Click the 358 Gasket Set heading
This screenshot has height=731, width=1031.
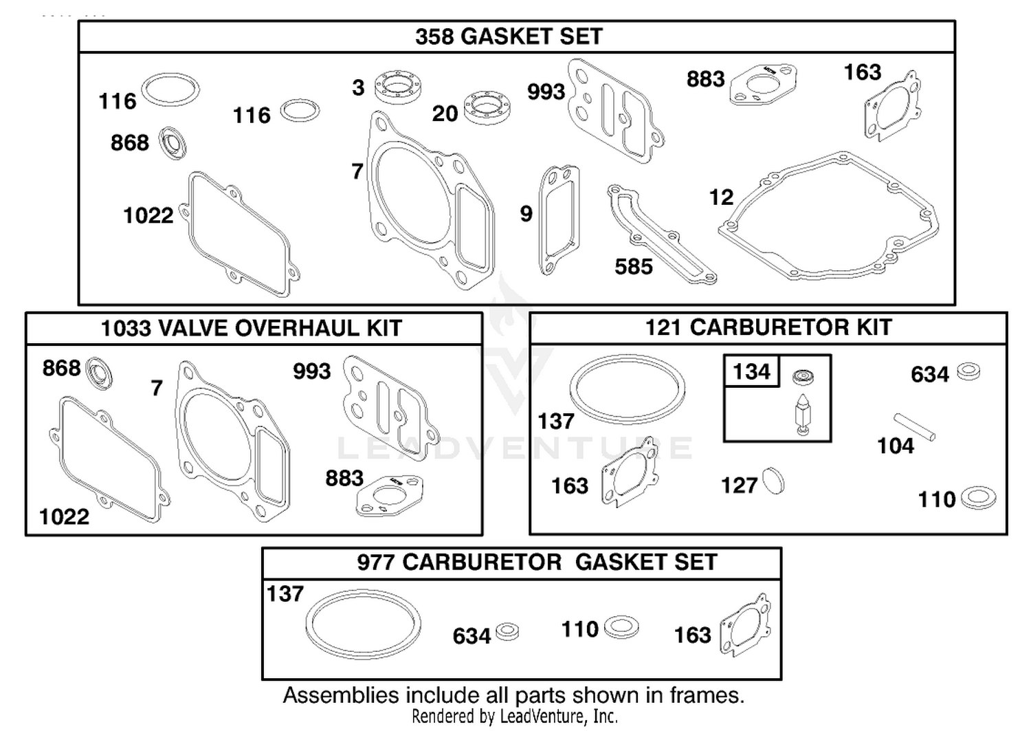point(509,36)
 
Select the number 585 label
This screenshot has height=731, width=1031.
point(634,267)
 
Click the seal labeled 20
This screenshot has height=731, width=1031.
point(487,108)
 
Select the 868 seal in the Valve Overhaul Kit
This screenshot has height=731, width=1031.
point(99,373)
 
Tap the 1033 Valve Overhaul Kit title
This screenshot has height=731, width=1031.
point(252,329)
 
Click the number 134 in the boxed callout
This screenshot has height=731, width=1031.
point(751,371)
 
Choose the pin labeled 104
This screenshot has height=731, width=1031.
point(915,427)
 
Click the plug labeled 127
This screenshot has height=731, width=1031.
point(773,481)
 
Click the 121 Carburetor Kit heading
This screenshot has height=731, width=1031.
point(768,328)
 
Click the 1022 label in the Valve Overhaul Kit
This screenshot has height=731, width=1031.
point(65,517)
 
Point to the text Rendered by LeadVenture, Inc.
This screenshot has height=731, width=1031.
point(515,717)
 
